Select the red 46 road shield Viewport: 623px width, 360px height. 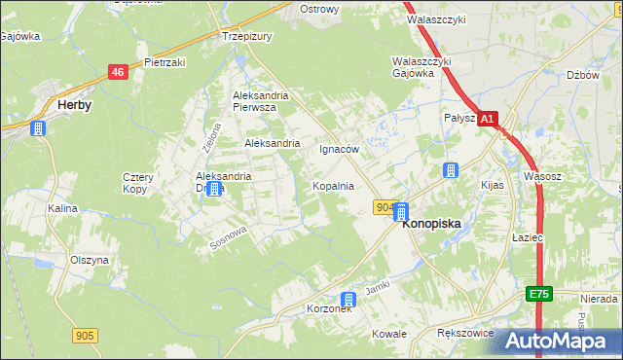(x=118, y=72)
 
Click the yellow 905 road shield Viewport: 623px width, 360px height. (x=85, y=336)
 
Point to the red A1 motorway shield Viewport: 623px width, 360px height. (x=489, y=119)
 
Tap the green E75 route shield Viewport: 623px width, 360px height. (x=539, y=294)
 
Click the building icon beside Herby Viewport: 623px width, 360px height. (x=38, y=127)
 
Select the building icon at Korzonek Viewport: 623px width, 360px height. (x=348, y=300)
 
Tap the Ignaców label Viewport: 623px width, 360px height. (x=340, y=150)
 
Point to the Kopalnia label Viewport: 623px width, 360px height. (x=332, y=185)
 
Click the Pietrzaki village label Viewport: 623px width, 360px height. (x=165, y=61)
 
